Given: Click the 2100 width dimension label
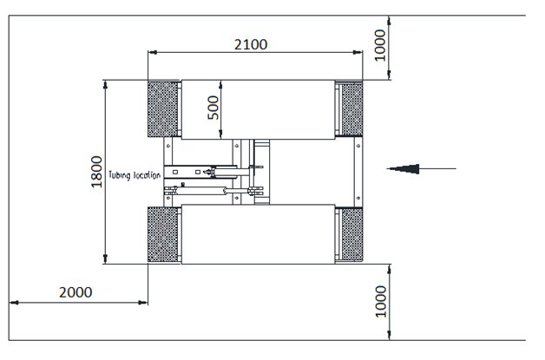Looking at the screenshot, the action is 251,44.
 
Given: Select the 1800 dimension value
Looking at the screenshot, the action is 96,172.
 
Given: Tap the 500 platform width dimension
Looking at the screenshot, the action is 213,108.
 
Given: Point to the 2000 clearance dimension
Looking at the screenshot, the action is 76,292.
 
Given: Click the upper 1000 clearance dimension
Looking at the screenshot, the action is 380,45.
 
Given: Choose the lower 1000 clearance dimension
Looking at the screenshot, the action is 381,302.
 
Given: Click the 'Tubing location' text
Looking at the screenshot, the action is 135,174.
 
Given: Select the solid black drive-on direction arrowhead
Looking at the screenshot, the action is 404,169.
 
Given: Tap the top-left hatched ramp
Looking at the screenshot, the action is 162,108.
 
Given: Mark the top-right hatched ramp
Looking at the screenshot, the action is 352,108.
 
